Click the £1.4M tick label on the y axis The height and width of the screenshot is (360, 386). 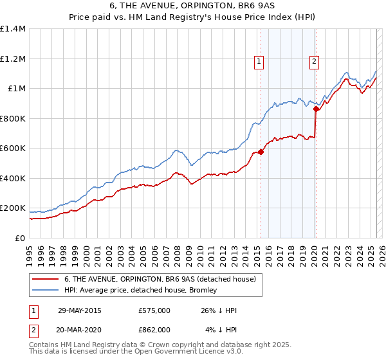pyautogui.click(x=13, y=29)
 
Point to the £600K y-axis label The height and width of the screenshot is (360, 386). pyautogui.click(x=13, y=148)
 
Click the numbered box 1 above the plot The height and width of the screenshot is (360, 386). pyautogui.click(x=259, y=62)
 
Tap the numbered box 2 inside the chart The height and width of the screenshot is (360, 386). pyautogui.click(x=314, y=62)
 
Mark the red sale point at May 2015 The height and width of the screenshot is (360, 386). pyautogui.click(x=261, y=152)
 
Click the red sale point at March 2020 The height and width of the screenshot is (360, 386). pyautogui.click(x=316, y=109)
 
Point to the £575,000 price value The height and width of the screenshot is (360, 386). pyautogui.click(x=154, y=310)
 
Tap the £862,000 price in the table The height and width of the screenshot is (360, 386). pyautogui.click(x=154, y=330)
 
